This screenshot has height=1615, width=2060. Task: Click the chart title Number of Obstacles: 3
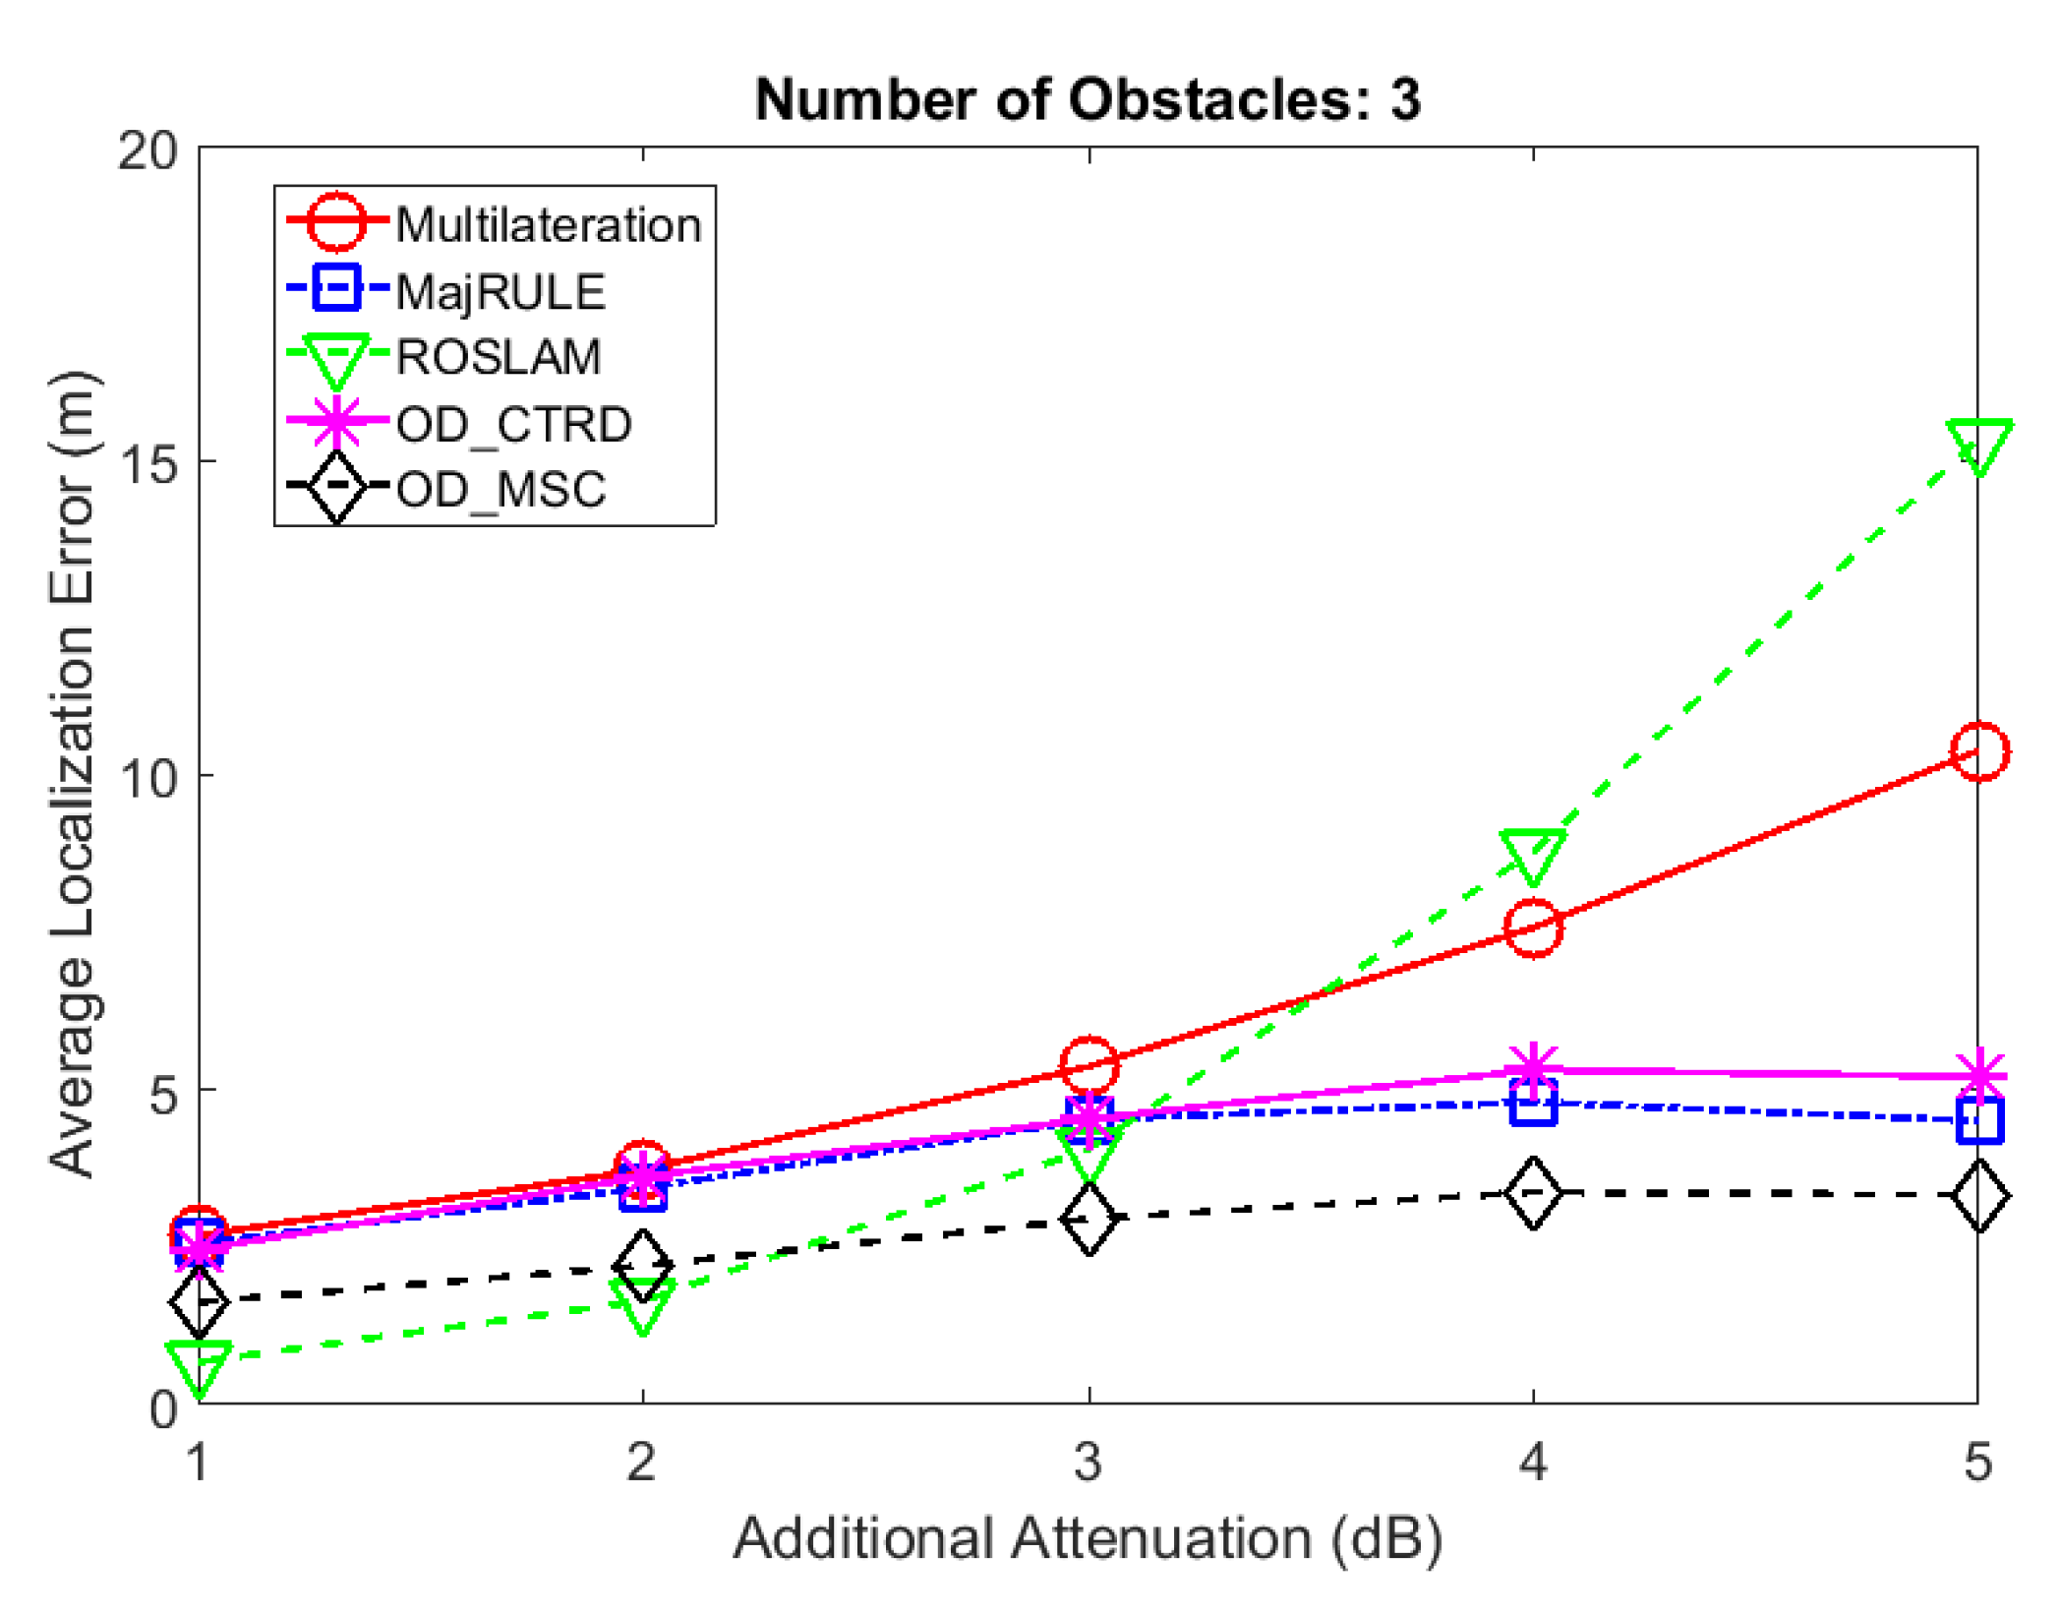point(1088,100)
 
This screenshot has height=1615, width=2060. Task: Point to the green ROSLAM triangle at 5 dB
point(1978,445)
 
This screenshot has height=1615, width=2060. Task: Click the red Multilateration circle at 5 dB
point(1978,751)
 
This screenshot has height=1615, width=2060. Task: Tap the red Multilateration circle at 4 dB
point(1533,927)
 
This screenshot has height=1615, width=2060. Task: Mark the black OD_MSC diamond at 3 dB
point(1089,1219)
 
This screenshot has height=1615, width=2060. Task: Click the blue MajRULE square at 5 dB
point(1978,1120)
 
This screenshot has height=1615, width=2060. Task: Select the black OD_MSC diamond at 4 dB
point(1533,1192)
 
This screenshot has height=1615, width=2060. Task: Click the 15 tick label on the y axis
point(147,462)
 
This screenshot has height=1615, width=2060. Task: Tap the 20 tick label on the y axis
point(147,150)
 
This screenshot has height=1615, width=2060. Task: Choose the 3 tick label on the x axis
point(1088,1462)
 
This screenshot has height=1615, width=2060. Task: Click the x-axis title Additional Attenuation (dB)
point(1088,1538)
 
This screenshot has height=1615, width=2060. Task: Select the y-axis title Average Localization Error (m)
point(73,774)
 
